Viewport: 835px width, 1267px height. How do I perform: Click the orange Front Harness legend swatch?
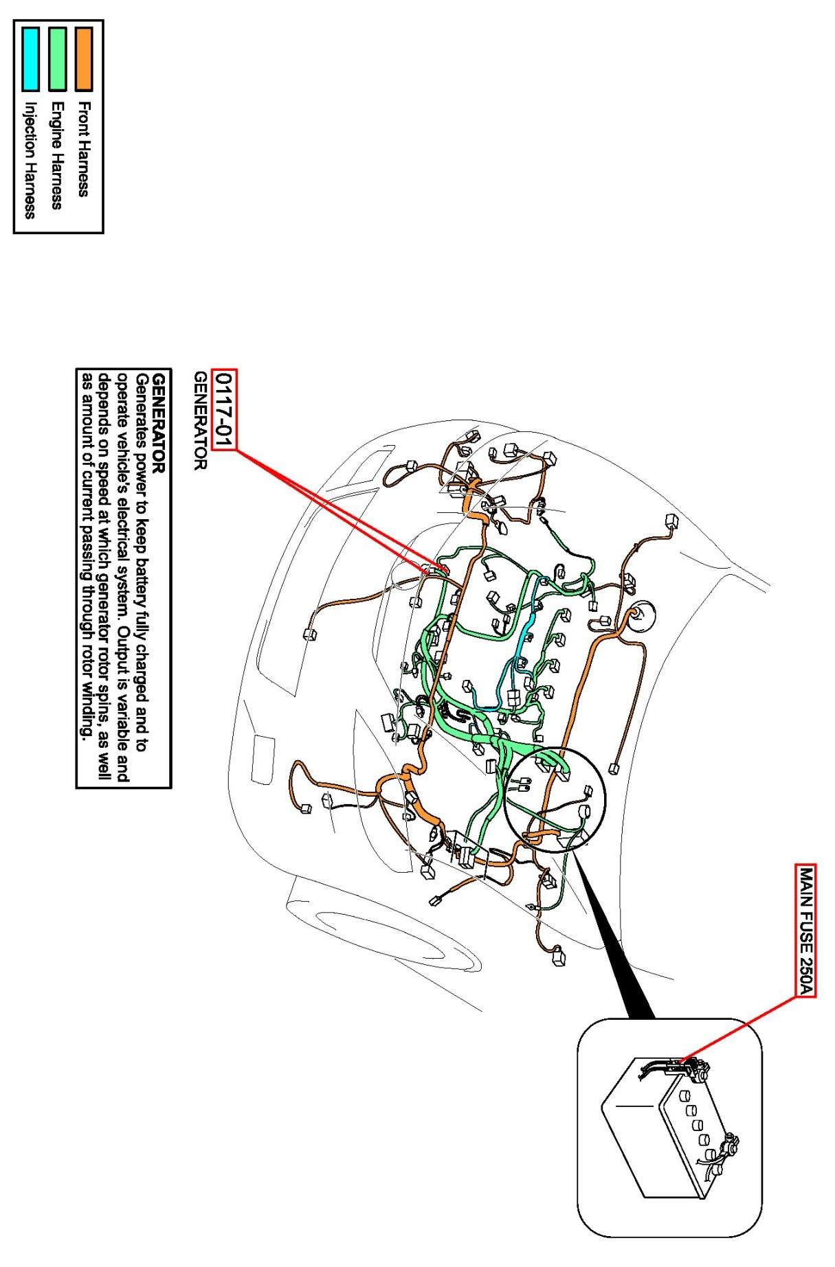tap(83, 59)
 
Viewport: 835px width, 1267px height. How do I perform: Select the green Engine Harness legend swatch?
tap(57, 59)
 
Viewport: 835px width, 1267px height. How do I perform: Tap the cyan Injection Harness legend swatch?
tap(30, 59)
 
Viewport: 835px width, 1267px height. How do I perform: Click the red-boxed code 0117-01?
tap(224, 410)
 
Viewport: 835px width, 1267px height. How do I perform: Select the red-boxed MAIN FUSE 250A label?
tap(806, 929)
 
